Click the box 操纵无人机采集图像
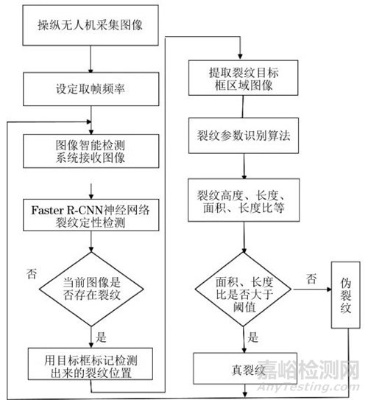(91, 25)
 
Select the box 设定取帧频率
(91, 89)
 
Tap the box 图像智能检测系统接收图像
(91, 151)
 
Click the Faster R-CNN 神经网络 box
(91, 215)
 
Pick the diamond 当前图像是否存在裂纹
(91, 289)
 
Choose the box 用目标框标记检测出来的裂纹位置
(91, 364)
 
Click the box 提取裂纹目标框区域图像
(244, 78)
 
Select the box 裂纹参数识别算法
(244, 136)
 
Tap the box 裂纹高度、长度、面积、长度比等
(244, 200)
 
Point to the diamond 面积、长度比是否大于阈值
(244, 289)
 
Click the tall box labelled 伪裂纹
(346, 295)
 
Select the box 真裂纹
(245, 368)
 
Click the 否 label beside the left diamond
(32, 274)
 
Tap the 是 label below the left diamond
(101, 337)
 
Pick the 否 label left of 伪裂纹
(311, 279)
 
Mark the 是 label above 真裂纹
(253, 337)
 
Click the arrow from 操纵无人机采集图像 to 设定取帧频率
(91, 59)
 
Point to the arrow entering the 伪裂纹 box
(313, 290)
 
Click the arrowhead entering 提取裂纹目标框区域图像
(240, 57)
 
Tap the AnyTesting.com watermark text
(308, 387)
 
